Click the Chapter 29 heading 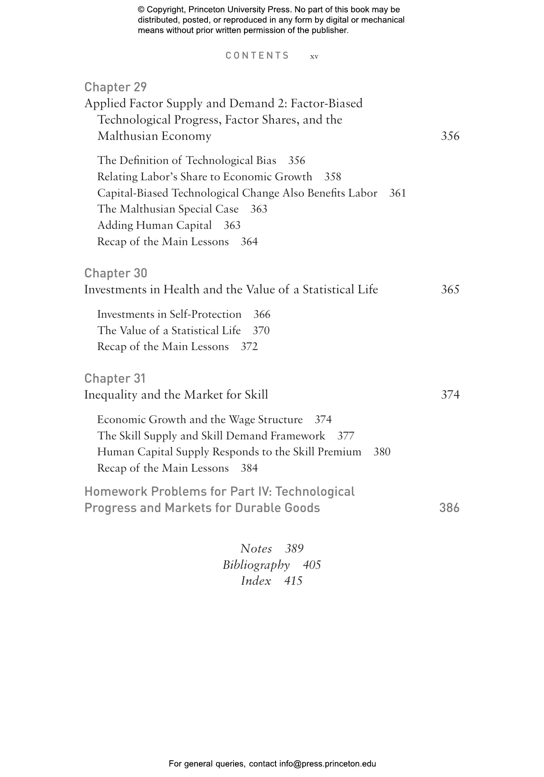pyautogui.click(x=115, y=87)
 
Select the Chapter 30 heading pyautogui.click(x=116, y=273)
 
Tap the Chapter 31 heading pyautogui.click(x=115, y=378)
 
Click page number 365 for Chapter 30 pyautogui.click(x=450, y=290)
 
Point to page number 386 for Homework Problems pyautogui.click(x=449, y=508)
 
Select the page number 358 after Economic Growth pyautogui.click(x=333, y=177)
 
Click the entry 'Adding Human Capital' pyautogui.click(x=154, y=226)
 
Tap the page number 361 pyautogui.click(x=398, y=193)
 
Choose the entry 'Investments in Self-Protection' pyautogui.click(x=169, y=314)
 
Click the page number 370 pyautogui.click(x=261, y=331)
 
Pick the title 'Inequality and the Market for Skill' pyautogui.click(x=176, y=395)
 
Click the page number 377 pyautogui.click(x=346, y=436)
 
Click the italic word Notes pyautogui.click(x=256, y=549)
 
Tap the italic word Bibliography pyautogui.click(x=256, y=565)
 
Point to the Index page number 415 pyautogui.click(x=293, y=581)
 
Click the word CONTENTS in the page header pyautogui.click(x=257, y=56)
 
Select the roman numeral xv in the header pyautogui.click(x=314, y=57)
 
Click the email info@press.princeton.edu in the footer pyautogui.click(x=328, y=764)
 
